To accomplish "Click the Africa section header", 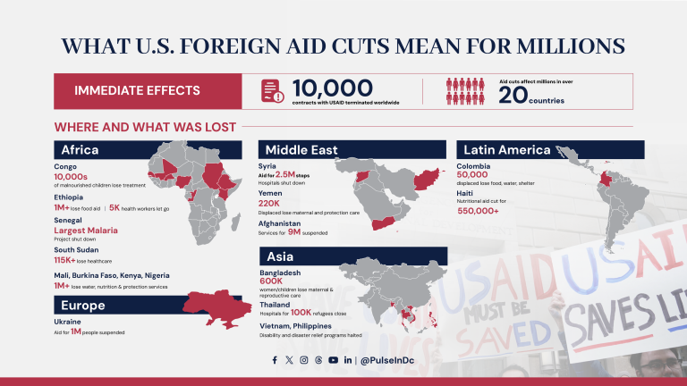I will click(x=148, y=149).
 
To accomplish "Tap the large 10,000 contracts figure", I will click(x=332, y=88).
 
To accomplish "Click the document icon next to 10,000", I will click(x=272, y=90).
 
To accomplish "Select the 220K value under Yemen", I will click(x=271, y=203).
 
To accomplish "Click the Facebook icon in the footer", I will click(x=275, y=360).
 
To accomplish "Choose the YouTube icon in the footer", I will click(x=333, y=360).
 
